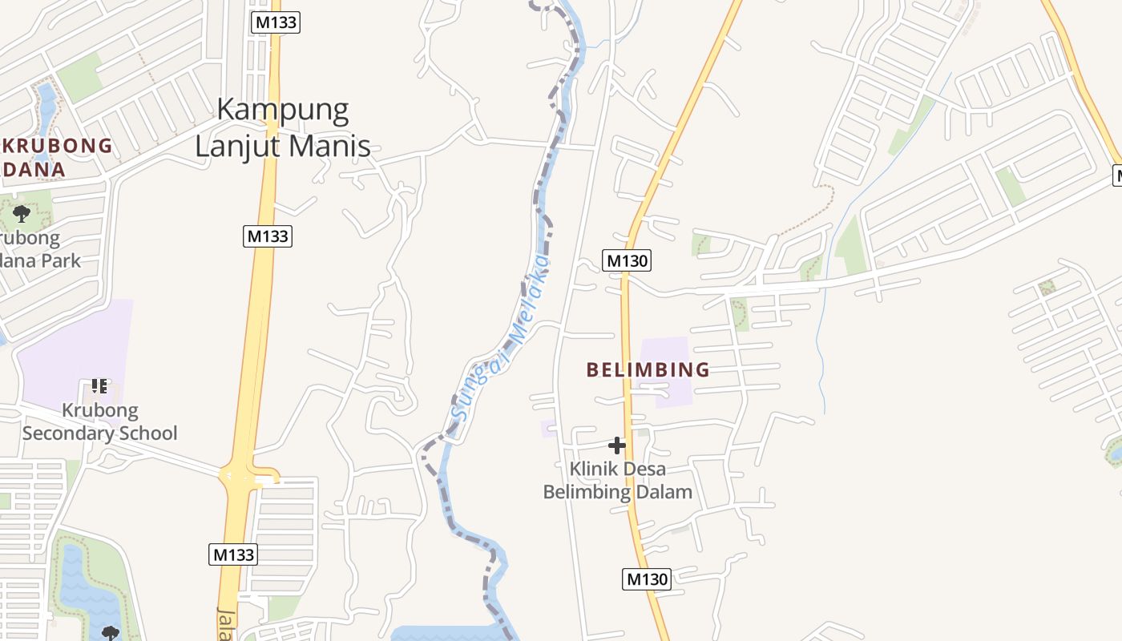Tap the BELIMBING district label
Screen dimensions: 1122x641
(x=648, y=369)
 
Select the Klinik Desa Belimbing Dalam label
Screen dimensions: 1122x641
(x=617, y=480)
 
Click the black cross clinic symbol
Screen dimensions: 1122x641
(x=617, y=445)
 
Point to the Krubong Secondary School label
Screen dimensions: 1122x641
(x=99, y=421)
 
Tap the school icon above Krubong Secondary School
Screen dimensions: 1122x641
(x=99, y=386)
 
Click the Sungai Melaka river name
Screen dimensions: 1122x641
(x=502, y=337)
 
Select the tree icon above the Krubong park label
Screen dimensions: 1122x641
(x=22, y=213)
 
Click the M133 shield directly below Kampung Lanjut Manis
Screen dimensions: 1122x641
(x=268, y=236)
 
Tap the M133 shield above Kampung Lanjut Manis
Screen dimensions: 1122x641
(x=276, y=22)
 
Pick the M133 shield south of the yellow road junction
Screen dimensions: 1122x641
(x=233, y=554)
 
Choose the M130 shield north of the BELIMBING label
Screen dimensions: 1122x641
(x=626, y=260)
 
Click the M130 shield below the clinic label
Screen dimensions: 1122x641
(x=646, y=579)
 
